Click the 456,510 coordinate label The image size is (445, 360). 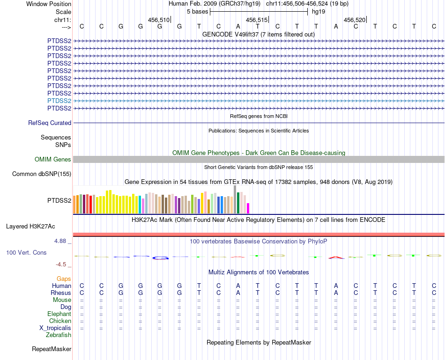pyautogui.click(x=158, y=20)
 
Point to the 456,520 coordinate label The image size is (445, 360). pyautogui.click(x=354, y=20)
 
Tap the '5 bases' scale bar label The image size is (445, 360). pyautogui.click(x=197, y=11)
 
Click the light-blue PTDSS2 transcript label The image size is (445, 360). pyautogui.click(x=59, y=101)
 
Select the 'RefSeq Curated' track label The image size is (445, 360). pyautogui.click(x=50, y=123)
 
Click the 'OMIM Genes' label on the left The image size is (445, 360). pyautogui.click(x=52, y=159)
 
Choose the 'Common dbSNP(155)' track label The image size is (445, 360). pyautogui.click(x=41, y=174)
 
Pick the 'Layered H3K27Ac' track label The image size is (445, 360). pyautogui.click(x=30, y=226)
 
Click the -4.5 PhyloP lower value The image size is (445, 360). pyautogui.click(x=62, y=264)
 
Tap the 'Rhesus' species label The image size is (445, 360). pyautogui.click(x=61, y=293)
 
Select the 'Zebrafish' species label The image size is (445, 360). pyautogui.click(x=59, y=335)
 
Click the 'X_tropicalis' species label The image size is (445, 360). pyautogui.click(x=55, y=328)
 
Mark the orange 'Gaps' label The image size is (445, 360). pyautogui.click(x=64, y=279)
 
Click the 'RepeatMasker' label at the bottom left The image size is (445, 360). pyautogui.click(x=52, y=349)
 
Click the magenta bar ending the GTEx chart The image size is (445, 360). pyautogui.click(x=248, y=208)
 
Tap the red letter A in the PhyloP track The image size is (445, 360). pyautogui.click(x=336, y=257)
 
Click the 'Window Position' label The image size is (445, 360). pyautogui.click(x=49, y=4)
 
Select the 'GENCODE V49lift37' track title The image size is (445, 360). pyautogui.click(x=258, y=34)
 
